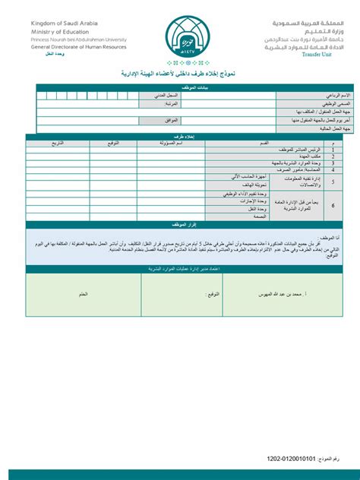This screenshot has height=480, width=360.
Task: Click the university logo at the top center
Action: click(179, 34)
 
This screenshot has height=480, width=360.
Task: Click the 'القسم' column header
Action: click(263, 143)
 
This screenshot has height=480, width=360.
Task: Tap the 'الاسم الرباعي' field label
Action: click(321, 95)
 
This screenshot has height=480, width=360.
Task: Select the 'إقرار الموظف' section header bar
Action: click(179, 226)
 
